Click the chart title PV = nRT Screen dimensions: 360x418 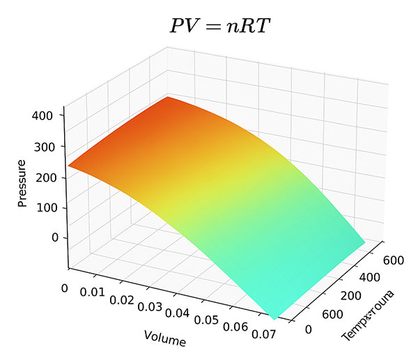(220, 26)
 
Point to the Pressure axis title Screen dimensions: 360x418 (22, 183)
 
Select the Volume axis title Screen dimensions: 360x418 (165, 338)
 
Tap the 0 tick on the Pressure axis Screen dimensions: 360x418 (55, 237)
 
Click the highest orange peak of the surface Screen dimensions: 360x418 (168, 98)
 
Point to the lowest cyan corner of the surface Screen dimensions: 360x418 (273, 318)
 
